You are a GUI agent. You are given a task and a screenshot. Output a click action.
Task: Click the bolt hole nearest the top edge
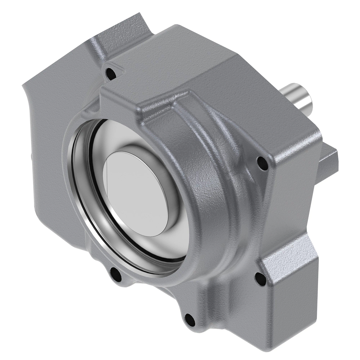110,72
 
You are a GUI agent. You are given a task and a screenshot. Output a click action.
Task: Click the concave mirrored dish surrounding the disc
168,228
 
